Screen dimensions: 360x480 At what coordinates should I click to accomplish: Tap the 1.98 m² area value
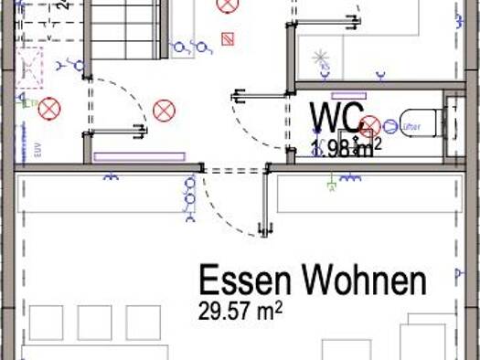(x=346, y=149)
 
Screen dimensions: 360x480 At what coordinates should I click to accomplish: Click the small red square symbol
(x=228, y=39)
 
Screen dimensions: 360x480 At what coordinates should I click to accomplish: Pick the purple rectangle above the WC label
(x=348, y=95)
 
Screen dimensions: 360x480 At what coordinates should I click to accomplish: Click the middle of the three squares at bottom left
(x=94, y=323)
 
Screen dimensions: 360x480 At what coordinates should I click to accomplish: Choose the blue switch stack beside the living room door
(x=190, y=199)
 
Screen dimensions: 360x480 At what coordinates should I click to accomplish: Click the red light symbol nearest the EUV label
(x=48, y=110)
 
